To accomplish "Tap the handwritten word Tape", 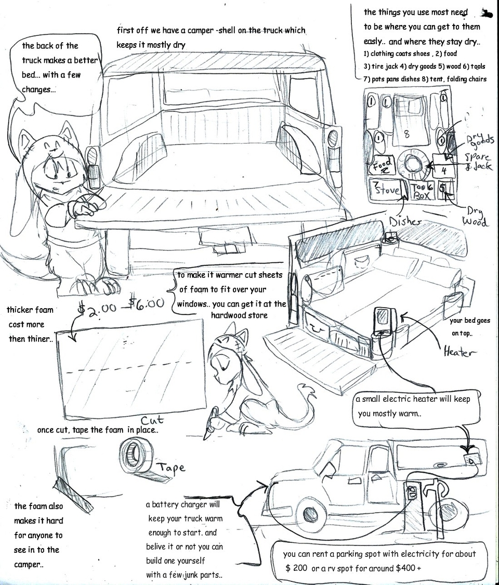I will pyautogui.click(x=171, y=467).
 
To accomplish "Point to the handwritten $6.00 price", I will pyautogui.click(x=146, y=303).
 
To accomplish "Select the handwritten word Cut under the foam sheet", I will pyautogui.click(x=152, y=419).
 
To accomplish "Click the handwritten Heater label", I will pyautogui.click(x=459, y=352).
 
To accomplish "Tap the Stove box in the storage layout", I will pyautogui.click(x=384, y=189).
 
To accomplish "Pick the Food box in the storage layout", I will pyautogui.click(x=382, y=166).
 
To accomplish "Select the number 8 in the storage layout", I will pyautogui.click(x=406, y=134).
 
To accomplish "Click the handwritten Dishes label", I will pyautogui.click(x=406, y=221).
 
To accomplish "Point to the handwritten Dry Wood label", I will pyautogui.click(x=474, y=218).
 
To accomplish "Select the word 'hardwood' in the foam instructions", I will pyautogui.click(x=229, y=315).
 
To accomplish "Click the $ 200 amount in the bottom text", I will pyautogui.click(x=296, y=568).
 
